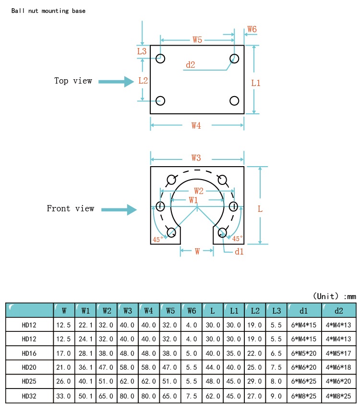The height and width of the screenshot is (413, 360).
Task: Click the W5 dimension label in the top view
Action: pos(197,39)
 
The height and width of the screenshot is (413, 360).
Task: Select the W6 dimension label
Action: pos(252,29)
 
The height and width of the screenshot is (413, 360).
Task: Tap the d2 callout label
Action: pos(191,65)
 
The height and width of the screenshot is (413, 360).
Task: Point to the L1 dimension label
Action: pos(256,83)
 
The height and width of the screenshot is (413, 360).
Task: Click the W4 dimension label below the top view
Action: pos(196,126)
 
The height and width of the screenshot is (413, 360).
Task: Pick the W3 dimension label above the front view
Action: pos(196,158)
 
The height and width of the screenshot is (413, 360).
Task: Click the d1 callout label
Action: pos(239,251)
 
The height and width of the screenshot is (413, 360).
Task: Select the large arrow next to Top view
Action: pos(116,82)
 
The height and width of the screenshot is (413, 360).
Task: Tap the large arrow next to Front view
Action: pos(119,209)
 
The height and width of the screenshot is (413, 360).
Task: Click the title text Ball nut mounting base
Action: pos(48,11)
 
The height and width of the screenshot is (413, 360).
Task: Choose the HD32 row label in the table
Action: pos(29,397)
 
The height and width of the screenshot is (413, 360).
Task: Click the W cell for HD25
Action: pos(64,382)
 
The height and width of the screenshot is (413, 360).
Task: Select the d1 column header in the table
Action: pos(304,310)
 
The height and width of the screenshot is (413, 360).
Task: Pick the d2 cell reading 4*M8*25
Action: pos(338,397)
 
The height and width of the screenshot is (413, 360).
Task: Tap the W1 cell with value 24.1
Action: pos(85,339)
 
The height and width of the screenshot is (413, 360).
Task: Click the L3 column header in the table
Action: pos(276,310)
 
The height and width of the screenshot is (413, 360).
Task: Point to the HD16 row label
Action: pos(29,353)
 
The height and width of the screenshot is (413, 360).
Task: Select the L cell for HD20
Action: pos(213,368)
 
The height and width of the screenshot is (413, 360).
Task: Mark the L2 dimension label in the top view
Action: pos(143,80)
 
